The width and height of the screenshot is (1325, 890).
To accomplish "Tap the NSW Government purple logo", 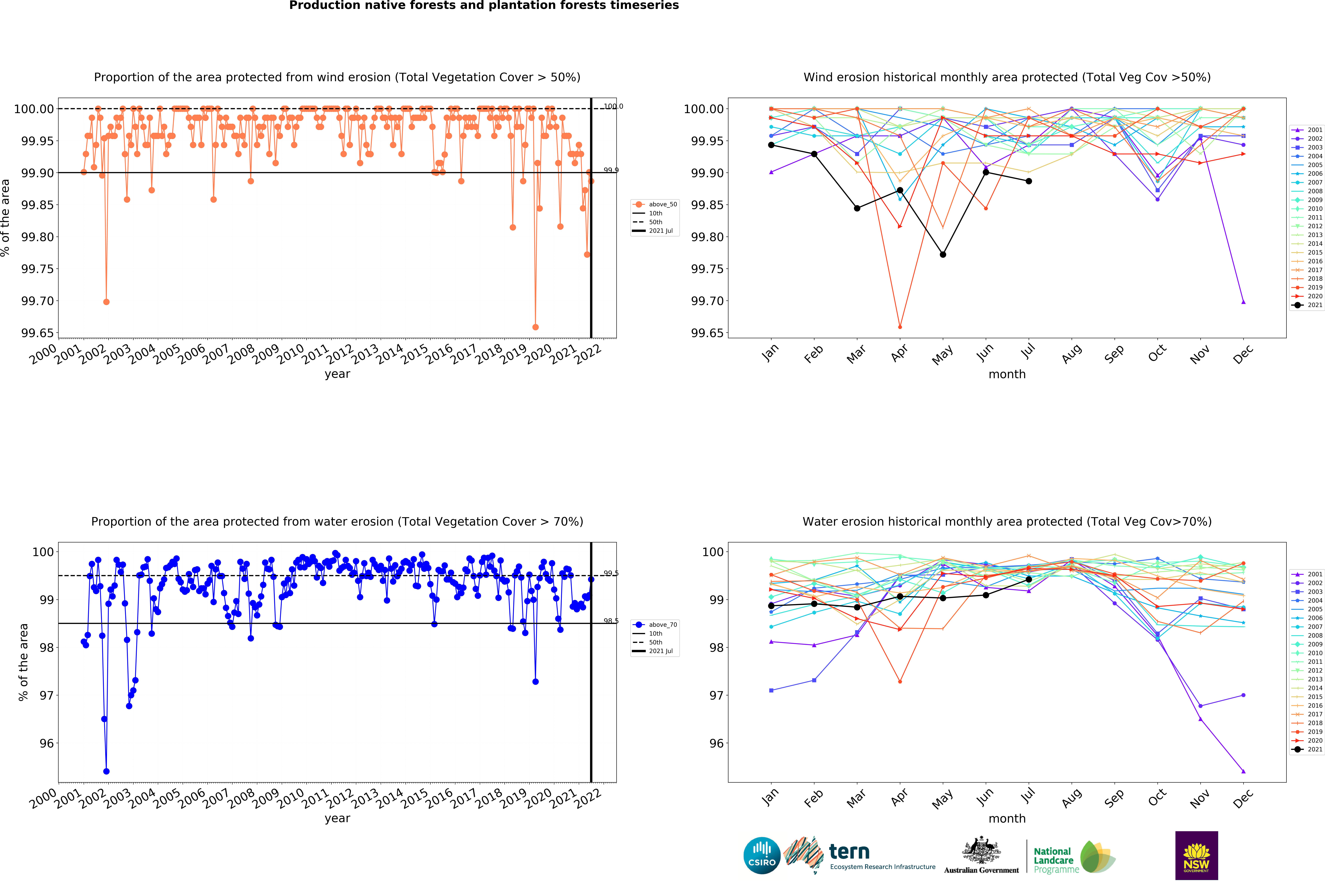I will click(x=1196, y=855).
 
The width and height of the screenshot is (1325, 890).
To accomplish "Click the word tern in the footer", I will click(x=849, y=851).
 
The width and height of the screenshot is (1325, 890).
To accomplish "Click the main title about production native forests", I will click(x=484, y=6).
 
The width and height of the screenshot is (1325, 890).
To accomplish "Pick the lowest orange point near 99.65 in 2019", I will click(x=535, y=327).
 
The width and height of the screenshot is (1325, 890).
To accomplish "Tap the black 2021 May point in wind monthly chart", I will click(x=943, y=254).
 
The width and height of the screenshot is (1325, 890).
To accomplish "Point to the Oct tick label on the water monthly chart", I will click(x=1157, y=798).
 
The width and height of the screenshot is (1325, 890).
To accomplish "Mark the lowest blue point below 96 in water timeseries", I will click(x=106, y=771).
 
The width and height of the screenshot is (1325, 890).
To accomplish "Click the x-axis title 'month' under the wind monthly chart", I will click(x=1007, y=374).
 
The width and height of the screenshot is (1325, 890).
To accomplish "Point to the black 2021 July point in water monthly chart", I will click(x=1029, y=579).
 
